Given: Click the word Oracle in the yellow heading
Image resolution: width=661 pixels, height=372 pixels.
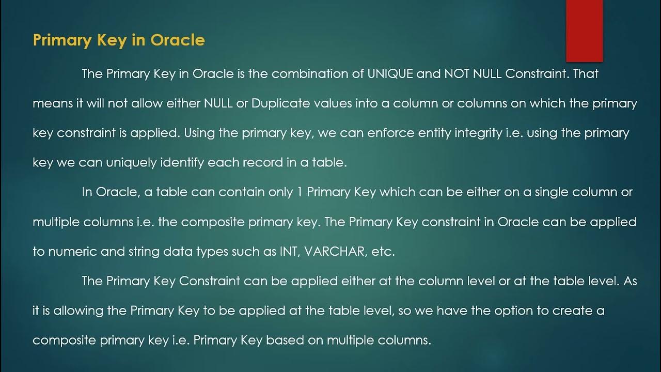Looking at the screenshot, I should point(178,40).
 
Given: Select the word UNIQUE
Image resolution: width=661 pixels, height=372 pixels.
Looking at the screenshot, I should point(390,74).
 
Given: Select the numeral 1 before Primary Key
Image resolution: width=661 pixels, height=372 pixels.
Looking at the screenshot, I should point(301,192).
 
